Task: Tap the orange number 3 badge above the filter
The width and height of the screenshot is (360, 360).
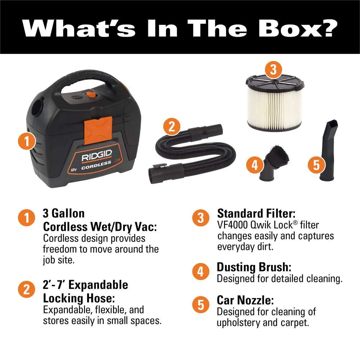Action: click(273, 69)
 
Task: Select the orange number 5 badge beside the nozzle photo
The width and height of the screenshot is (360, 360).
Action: click(316, 165)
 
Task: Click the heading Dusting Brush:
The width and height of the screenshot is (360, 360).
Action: click(254, 267)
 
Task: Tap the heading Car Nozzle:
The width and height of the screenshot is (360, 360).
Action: click(245, 300)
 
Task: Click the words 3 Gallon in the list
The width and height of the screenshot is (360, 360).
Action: click(64, 213)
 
